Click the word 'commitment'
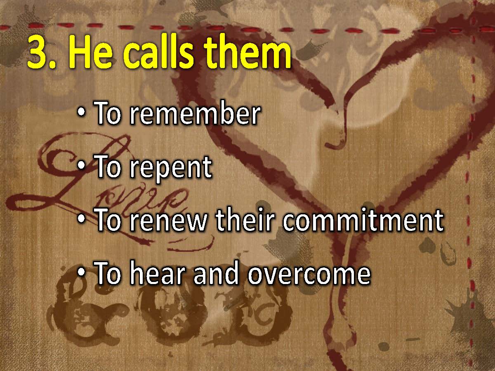[x=363, y=220]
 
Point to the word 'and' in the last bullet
[x=216, y=272]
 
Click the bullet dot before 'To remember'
[x=81, y=112]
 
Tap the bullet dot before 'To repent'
[x=81, y=166]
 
